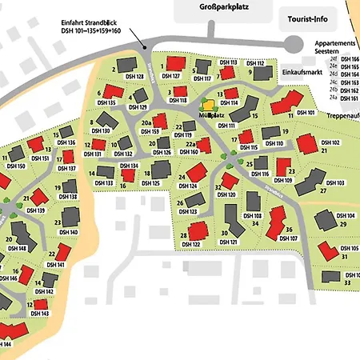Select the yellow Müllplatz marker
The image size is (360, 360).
tap(208, 104)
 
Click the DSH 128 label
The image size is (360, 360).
tap(134, 77)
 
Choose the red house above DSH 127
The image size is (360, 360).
tap(173, 62)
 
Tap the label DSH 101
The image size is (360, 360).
tap(306, 113)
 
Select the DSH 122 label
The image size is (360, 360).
tap(191, 245)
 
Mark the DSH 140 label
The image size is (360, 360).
tap(69, 232)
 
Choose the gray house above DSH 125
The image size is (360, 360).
tap(160, 168)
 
